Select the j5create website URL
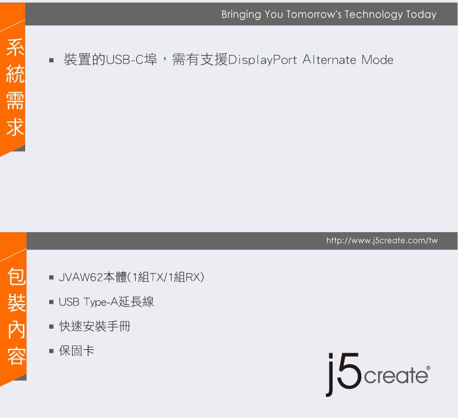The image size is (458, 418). click(x=382, y=241)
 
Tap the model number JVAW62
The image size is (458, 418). click(x=81, y=278)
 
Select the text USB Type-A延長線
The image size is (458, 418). click(x=106, y=302)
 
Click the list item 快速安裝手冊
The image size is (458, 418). click(x=95, y=327)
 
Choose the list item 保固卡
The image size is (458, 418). click(x=77, y=351)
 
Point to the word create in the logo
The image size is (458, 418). click(x=395, y=376)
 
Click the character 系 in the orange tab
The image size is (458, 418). click(x=15, y=49)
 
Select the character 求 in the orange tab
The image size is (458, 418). click(x=15, y=127)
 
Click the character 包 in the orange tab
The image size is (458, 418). click(x=15, y=278)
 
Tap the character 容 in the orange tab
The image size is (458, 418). click(x=15, y=357)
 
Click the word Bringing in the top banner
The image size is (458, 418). click(x=241, y=15)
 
